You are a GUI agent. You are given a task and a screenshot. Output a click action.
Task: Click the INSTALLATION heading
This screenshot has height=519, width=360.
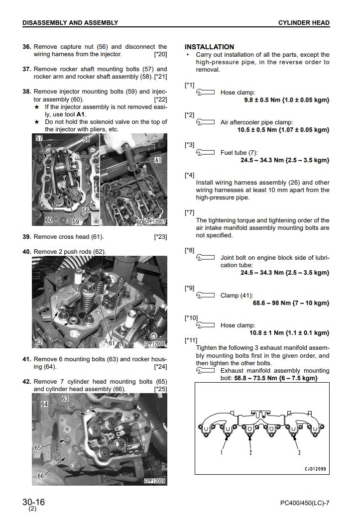(209, 47)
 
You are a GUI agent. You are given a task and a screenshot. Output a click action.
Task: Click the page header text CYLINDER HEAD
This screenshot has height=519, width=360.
(304, 23)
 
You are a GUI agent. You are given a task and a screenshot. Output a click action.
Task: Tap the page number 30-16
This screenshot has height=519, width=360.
(33, 502)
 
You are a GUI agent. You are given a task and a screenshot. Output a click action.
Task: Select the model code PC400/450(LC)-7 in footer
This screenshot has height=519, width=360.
(305, 503)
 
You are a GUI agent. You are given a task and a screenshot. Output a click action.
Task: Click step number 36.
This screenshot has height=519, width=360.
(27, 47)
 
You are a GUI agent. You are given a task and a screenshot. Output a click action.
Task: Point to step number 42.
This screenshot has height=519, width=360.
(27, 382)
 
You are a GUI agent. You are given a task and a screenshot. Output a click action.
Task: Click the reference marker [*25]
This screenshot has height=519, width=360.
(160, 389)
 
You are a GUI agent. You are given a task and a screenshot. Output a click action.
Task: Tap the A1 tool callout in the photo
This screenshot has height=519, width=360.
(158, 160)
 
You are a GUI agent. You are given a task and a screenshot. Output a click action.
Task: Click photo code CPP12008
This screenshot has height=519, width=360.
(155, 343)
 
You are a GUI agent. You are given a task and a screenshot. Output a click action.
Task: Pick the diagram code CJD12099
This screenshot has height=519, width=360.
(316, 469)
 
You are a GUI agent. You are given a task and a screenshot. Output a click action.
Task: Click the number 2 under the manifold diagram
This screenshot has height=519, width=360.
(250, 452)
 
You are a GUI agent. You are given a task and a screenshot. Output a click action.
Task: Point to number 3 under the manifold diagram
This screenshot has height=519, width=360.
(299, 452)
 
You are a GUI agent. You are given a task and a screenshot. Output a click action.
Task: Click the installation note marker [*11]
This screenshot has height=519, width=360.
(191, 340)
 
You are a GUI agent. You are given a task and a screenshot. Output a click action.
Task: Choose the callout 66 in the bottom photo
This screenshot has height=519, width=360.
(40, 476)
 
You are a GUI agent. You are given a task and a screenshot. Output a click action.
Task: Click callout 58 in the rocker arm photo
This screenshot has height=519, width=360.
(86, 140)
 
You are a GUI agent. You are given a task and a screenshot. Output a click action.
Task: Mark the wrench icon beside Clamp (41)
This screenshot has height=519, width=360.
(205, 296)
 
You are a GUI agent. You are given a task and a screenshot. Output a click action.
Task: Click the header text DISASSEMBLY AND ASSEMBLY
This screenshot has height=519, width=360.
(70, 23)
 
